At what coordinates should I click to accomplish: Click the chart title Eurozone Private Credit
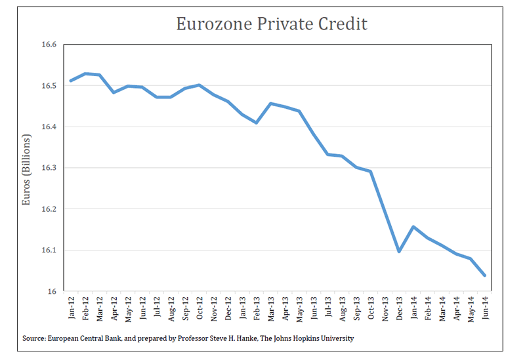[x=272, y=24]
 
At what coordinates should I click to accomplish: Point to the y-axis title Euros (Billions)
[x=26, y=170]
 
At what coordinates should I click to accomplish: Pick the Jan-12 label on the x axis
[x=71, y=306]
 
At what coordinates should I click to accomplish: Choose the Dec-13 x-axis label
[x=399, y=306]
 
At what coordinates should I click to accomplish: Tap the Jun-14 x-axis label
[x=485, y=306]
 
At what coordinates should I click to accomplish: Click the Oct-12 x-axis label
[x=199, y=306]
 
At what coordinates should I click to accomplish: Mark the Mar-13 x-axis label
[x=270, y=306]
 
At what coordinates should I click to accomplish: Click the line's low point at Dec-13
[x=399, y=252]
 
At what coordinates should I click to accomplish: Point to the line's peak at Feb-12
[x=85, y=73]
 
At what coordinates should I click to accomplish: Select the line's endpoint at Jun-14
[x=484, y=275]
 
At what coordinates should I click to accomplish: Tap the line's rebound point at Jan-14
[x=413, y=227]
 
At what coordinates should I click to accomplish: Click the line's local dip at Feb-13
[x=257, y=123]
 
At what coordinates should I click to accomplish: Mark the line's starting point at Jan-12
[x=71, y=81]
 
